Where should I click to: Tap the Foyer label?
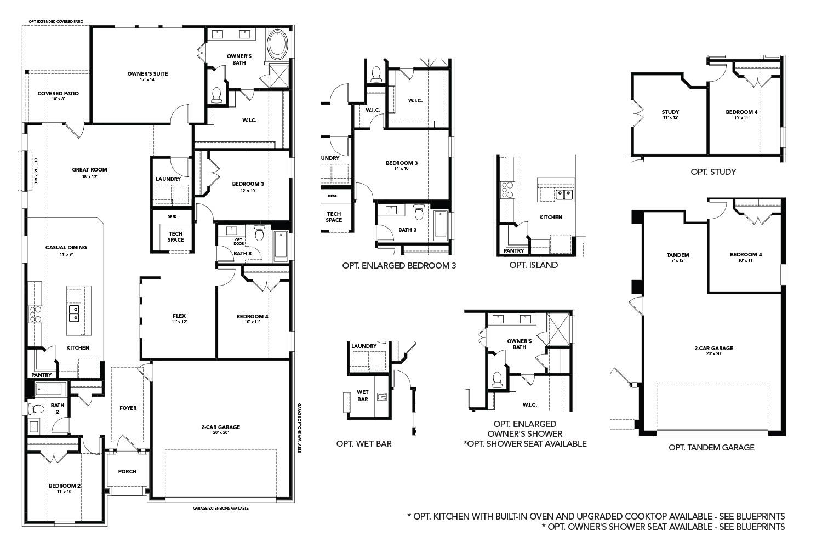[128, 408]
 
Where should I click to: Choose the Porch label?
[127, 471]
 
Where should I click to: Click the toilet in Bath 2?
[37, 409]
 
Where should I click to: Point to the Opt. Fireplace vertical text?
[36, 171]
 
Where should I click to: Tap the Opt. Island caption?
[533, 265]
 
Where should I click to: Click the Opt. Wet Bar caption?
[364, 443]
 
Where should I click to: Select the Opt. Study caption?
[713, 172]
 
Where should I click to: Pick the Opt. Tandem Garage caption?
[711, 448]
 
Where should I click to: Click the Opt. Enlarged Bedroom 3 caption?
[399, 265]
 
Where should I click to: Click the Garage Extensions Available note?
[221, 509]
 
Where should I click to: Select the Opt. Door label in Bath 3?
[238, 241]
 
